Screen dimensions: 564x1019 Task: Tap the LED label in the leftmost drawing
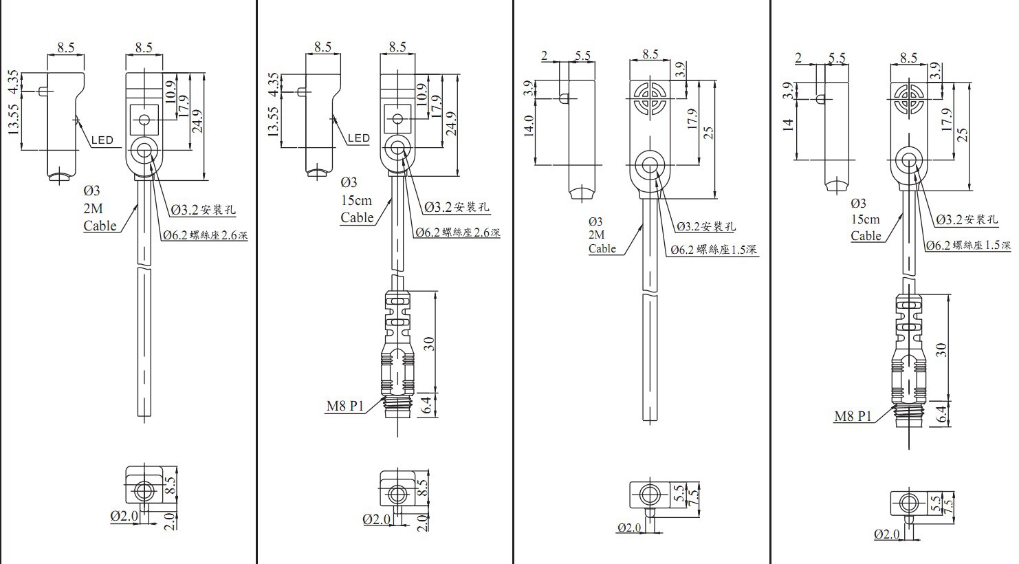point(102,140)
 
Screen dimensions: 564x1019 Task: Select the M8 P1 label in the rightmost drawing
point(853,416)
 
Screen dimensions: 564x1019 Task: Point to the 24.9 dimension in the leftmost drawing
point(200,122)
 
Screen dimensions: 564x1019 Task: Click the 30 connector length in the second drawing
point(429,343)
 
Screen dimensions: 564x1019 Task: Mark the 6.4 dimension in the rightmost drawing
point(942,414)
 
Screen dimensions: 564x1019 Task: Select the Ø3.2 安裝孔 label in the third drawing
point(705,226)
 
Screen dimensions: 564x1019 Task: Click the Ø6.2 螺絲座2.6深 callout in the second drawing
point(457,232)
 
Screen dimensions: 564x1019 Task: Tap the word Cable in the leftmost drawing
point(100,226)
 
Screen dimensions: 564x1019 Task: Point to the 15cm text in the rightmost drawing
point(865,219)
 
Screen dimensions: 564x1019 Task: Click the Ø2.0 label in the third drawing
point(629,528)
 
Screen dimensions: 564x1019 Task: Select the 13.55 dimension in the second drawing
point(273,122)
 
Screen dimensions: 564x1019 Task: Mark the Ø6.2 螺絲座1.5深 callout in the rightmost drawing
point(967,245)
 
